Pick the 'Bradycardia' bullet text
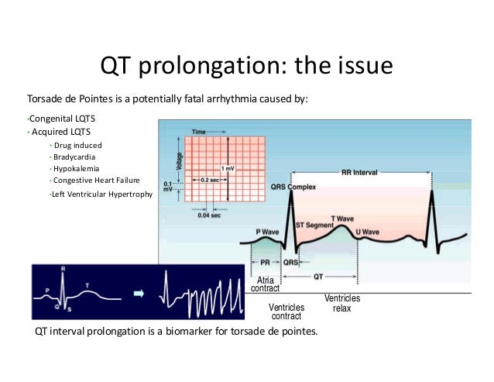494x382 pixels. [75, 157]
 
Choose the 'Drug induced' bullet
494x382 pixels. [77, 145]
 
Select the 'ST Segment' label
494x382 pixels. [314, 225]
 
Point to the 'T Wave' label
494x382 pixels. [343, 219]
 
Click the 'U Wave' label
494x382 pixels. [367, 232]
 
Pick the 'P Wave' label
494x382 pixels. [268, 232]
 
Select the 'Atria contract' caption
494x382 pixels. [266, 284]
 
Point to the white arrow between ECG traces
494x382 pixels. [139, 294]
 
